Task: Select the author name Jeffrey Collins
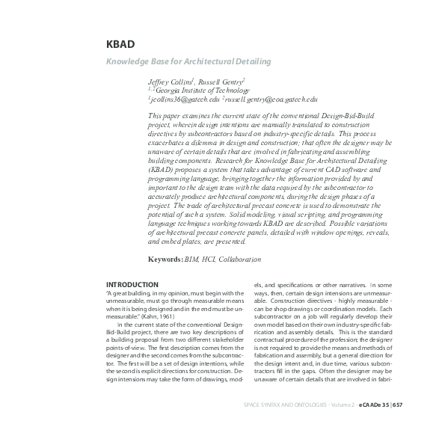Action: coord(170,80)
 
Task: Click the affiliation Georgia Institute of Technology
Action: coord(201,89)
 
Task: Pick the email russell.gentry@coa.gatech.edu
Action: coord(271,99)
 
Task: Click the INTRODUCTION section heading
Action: coord(132,285)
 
